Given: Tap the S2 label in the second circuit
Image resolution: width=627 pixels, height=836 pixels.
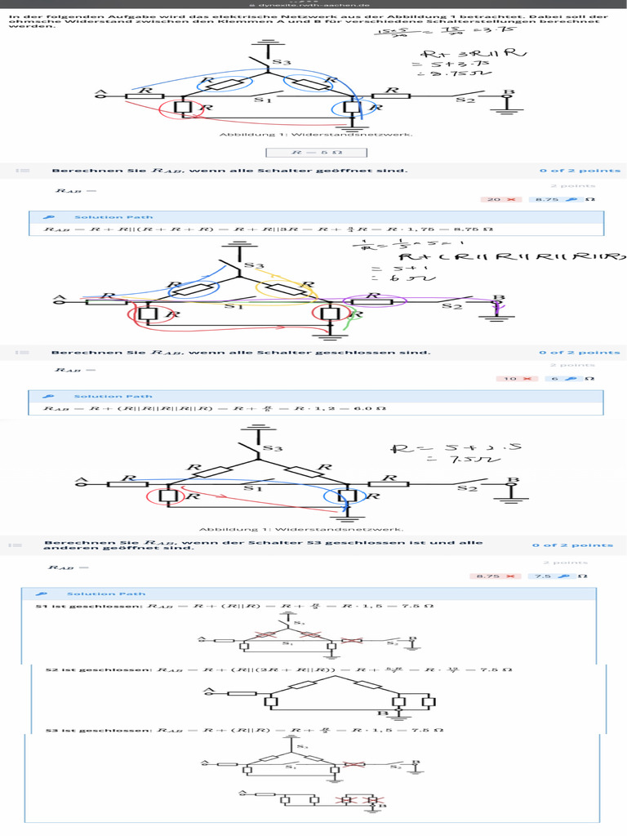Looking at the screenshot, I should [451, 307].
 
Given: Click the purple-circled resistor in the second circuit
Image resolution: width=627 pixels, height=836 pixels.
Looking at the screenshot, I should [373, 300].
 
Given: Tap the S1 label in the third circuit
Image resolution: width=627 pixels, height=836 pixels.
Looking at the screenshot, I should [253, 488].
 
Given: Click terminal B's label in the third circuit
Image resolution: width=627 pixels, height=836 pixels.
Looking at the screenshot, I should [514, 480].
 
